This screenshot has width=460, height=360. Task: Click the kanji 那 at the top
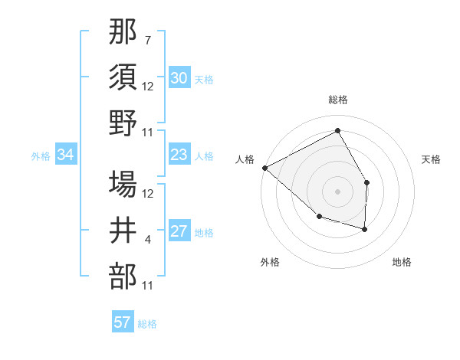[x=123, y=34]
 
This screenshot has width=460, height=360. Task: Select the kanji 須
[x=123, y=77]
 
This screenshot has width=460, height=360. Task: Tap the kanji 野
[x=123, y=123]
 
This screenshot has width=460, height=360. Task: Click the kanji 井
[x=123, y=231]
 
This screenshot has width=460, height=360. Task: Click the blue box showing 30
[x=179, y=78]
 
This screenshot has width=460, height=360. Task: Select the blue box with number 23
[x=179, y=155]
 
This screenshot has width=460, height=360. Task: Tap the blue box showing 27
[x=179, y=232]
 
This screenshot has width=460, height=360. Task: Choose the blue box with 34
[x=66, y=155]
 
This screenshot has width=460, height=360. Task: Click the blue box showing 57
[x=123, y=322]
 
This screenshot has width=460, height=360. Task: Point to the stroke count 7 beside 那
[x=148, y=40]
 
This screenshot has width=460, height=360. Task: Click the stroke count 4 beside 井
[x=148, y=241]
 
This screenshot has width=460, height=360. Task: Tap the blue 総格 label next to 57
[x=147, y=324]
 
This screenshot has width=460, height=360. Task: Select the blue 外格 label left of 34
[x=41, y=156]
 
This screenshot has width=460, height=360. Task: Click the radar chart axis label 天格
[x=432, y=159]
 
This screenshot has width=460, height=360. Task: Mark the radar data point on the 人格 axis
[x=264, y=167]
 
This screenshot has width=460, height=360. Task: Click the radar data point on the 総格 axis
[x=337, y=131]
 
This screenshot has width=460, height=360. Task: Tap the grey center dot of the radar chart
[x=337, y=191]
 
